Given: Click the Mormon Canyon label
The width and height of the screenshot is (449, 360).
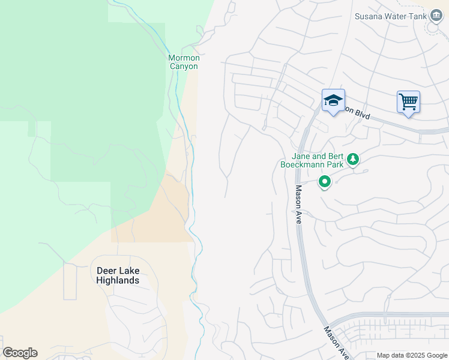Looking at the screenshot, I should tap(183, 62).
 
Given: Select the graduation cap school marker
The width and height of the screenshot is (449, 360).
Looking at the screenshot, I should tap(333, 100).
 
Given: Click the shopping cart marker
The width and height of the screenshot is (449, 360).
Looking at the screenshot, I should tap(408, 102).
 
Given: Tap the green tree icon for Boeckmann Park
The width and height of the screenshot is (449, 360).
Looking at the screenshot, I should tap(354, 159).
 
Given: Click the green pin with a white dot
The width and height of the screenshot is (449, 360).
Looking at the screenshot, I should tap(325, 181).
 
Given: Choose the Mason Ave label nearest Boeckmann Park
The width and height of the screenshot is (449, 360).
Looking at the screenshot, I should tap(298, 204).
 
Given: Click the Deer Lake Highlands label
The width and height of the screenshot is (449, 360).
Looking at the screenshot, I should tap(118, 275).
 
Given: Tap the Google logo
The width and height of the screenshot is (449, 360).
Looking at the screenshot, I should tap(20, 353).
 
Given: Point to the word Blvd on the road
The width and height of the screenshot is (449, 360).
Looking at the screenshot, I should tap(361, 114).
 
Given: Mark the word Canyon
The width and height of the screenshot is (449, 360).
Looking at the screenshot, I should tap(183, 67).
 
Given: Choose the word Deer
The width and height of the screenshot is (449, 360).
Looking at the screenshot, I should tap(106, 271).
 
